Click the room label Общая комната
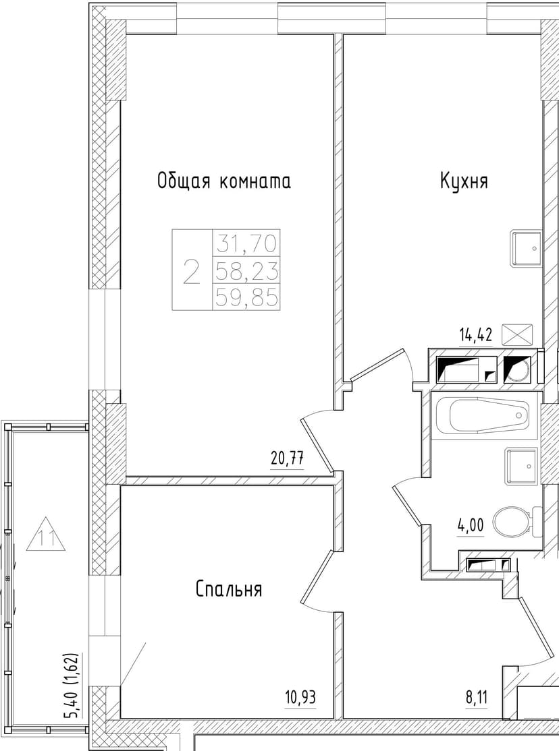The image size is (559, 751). pyautogui.click(x=223, y=181)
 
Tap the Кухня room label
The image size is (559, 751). pyautogui.click(x=464, y=181)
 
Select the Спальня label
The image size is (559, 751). pyautogui.click(x=229, y=589)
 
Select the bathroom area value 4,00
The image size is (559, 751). pyautogui.click(x=471, y=524)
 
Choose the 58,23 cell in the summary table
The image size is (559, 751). pyautogui.click(x=246, y=270)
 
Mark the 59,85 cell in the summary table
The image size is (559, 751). pyautogui.click(x=246, y=297)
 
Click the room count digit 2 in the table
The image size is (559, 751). pyautogui.click(x=192, y=271)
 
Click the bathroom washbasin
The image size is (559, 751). pyautogui.click(x=522, y=466)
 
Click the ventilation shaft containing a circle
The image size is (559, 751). pyautogui.click(x=518, y=370)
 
